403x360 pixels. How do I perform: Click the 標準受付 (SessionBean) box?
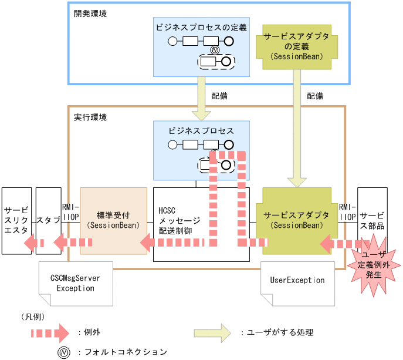[x=113, y=220]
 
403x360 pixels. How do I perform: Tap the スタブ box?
[x=48, y=220]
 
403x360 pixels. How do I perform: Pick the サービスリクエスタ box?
[x=16, y=220]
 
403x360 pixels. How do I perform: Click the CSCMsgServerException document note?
[x=75, y=283]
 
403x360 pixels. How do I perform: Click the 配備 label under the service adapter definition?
[x=315, y=95]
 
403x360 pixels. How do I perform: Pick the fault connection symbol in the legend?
[x=61, y=352]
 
